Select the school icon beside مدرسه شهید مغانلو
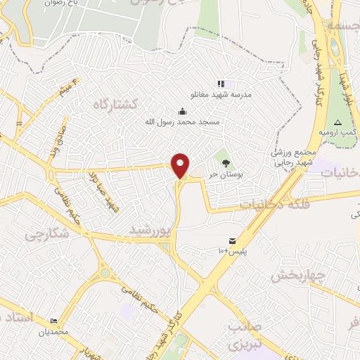pos(221,84)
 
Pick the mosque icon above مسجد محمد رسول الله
pos(183,111)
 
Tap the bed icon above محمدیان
pos(54,320)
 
